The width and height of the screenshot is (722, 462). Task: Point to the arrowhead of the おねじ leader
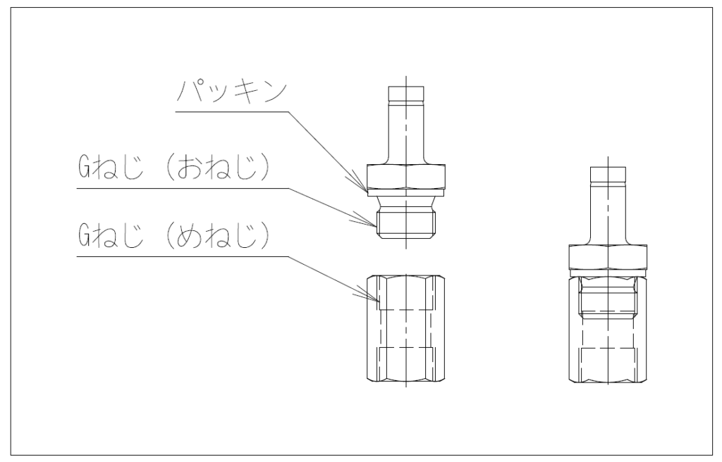click(x=375, y=225)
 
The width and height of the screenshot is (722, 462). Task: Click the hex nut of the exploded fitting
click(x=406, y=175)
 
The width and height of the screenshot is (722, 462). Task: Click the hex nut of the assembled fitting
click(x=607, y=256)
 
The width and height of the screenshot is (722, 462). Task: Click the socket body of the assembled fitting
click(x=607, y=352)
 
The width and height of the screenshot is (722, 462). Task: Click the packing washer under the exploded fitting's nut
click(x=406, y=191)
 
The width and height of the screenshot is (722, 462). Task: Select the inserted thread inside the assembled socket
click(x=607, y=299)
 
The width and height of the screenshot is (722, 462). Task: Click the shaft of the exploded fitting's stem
click(x=407, y=130)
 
